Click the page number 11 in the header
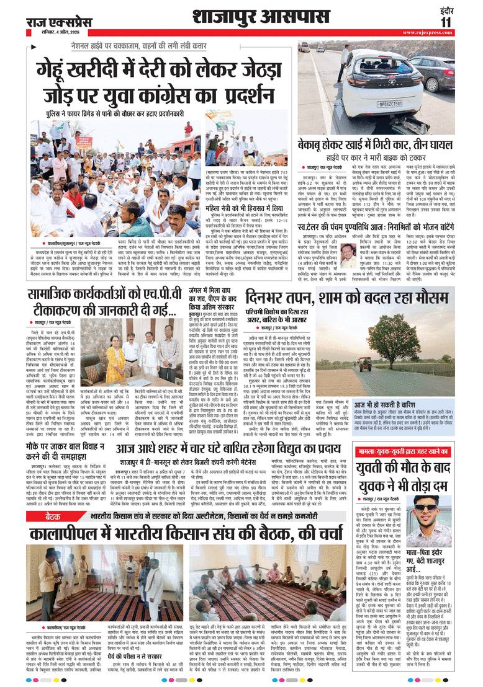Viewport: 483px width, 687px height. (464, 22)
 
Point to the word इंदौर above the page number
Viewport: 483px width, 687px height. (464, 10)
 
